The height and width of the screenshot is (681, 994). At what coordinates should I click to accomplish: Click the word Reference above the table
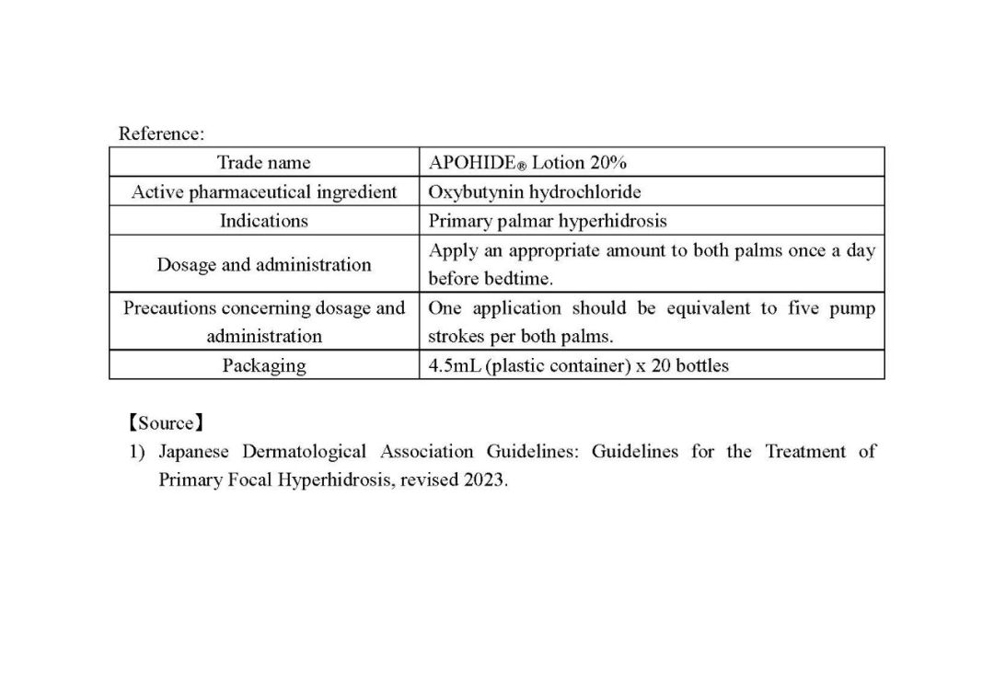click(x=159, y=133)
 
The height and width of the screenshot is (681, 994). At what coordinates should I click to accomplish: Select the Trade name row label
click(x=263, y=163)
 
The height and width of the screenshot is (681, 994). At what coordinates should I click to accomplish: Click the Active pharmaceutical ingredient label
click(x=264, y=192)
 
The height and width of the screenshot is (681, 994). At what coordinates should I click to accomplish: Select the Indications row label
click(x=263, y=221)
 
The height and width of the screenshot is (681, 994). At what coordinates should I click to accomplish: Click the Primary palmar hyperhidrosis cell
click(x=548, y=221)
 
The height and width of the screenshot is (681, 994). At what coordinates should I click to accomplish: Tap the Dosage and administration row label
click(x=263, y=264)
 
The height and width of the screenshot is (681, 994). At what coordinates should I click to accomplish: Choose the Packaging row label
click(x=263, y=365)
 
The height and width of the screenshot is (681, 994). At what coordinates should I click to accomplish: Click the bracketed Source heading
click(x=166, y=423)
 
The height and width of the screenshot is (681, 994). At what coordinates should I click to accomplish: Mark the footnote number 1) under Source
click(x=137, y=452)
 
